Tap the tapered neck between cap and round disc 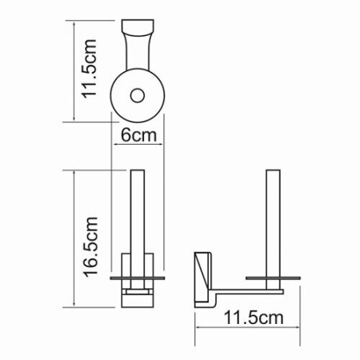point(137,60)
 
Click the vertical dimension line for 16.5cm point(75,240)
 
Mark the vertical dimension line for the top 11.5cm point(75,72)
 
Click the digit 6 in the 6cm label point(126,136)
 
